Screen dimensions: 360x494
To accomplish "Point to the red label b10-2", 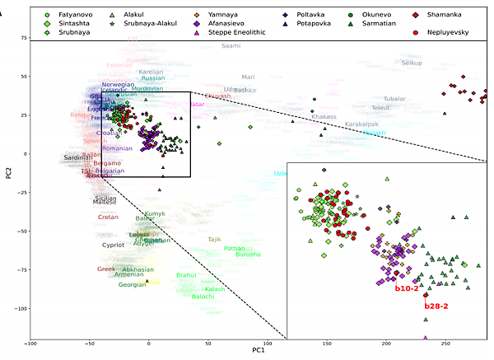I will [x=408, y=288].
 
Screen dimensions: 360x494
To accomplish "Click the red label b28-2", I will [x=436, y=306].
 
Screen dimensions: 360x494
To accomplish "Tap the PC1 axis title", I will [x=258, y=353].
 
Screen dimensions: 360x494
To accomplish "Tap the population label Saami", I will [x=232, y=46].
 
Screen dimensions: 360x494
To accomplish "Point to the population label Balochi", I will [x=203, y=297].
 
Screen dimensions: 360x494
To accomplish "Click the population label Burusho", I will [x=248, y=255].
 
